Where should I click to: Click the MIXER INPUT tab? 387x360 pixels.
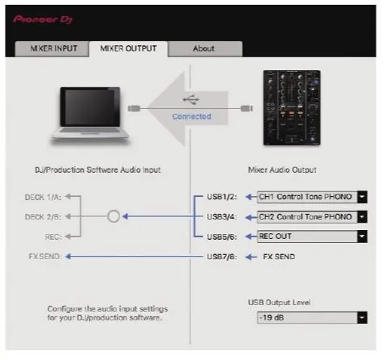tap(54, 48)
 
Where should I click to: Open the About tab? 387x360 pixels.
tap(204, 48)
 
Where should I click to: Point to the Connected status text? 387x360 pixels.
tap(191, 116)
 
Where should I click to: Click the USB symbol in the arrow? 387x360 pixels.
tap(191, 99)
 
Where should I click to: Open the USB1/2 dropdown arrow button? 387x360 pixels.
tap(362, 196)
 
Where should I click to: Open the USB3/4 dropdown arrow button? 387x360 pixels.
tap(362, 216)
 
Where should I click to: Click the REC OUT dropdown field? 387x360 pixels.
tap(306, 237)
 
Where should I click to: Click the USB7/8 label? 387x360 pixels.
tap(222, 257)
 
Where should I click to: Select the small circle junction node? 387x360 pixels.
tap(113, 216)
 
